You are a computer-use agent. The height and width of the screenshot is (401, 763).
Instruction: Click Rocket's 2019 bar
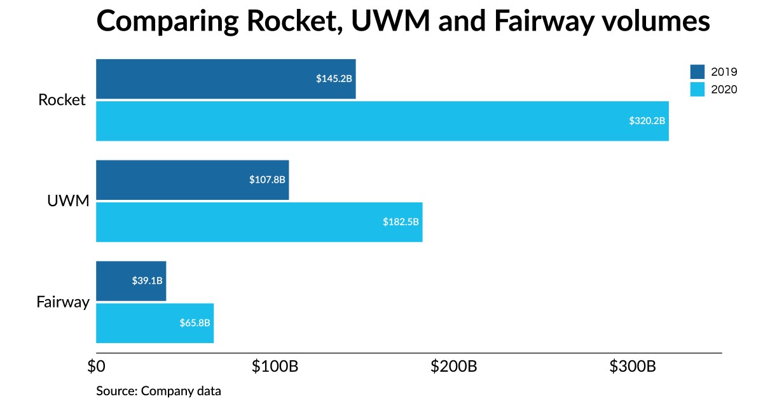(x=226, y=79)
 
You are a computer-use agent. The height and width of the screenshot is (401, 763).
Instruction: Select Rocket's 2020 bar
(x=381, y=120)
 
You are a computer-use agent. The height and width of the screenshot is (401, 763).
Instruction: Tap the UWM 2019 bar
(x=192, y=180)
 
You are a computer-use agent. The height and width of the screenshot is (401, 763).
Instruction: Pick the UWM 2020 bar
(x=259, y=222)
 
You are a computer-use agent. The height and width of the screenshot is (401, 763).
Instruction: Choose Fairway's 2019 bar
(x=130, y=281)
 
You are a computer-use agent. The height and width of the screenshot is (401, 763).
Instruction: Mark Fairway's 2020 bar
(x=155, y=323)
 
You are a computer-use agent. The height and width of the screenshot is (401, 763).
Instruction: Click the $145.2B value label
(x=334, y=79)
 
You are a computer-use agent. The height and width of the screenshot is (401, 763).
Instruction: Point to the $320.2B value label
(x=647, y=120)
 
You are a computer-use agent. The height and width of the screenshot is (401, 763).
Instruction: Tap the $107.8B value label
(x=267, y=180)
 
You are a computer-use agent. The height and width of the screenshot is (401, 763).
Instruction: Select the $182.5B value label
(x=401, y=222)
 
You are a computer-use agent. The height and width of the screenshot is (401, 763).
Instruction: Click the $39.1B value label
(x=147, y=281)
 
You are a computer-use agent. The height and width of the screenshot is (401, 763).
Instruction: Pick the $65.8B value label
(x=195, y=323)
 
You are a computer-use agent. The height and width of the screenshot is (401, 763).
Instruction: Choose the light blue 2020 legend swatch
(x=698, y=90)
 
